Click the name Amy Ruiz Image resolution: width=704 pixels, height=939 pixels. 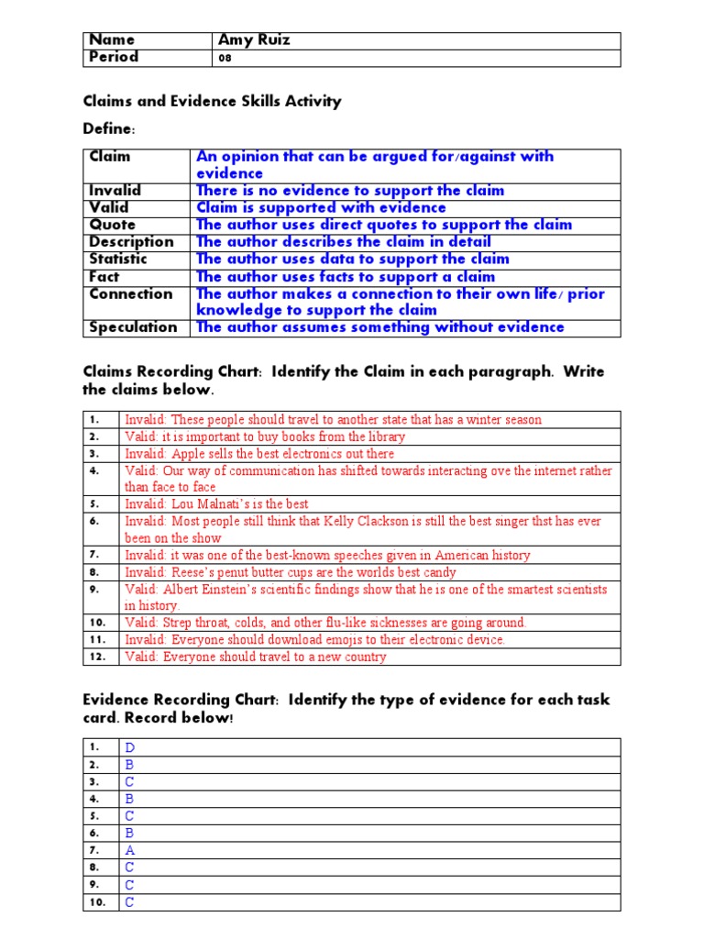point(253,39)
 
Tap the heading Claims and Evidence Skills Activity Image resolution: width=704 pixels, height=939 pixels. point(212,101)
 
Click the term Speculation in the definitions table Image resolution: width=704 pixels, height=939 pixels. point(133,327)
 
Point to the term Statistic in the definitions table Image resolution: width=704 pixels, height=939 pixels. point(118,260)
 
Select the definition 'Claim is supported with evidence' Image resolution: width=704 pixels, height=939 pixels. point(321,208)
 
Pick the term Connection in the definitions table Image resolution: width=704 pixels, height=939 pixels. point(131,293)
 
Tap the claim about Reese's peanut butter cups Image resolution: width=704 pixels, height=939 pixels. point(290,572)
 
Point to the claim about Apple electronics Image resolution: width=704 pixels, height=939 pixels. point(259,454)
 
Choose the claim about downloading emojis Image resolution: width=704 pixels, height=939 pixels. point(314,640)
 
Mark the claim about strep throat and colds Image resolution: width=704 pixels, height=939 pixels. point(325,623)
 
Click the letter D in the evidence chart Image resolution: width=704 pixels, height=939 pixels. point(130,747)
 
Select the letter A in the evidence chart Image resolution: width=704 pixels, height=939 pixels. point(130,850)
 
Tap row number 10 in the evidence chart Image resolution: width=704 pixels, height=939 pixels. point(96,902)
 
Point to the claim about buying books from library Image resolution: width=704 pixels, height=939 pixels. point(264,436)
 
